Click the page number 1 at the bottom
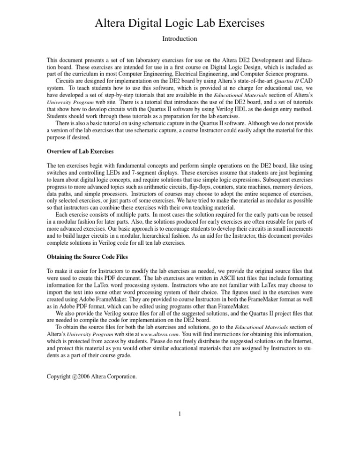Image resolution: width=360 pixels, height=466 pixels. click(180, 414)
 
